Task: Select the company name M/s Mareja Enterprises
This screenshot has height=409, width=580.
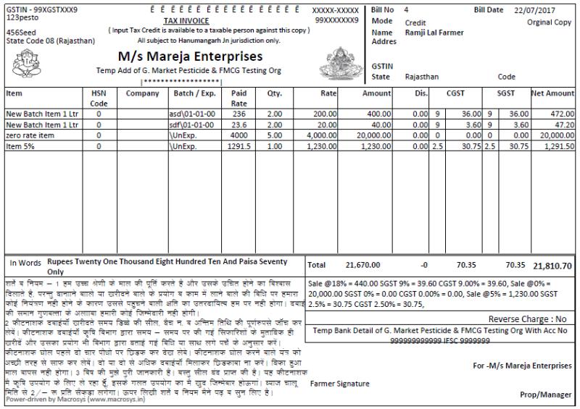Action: (189, 56)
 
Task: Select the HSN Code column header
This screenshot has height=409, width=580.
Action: (99, 98)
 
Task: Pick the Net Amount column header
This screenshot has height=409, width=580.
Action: (552, 93)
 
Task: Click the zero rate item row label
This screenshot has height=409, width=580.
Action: (30, 135)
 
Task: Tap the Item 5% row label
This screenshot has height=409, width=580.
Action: (21, 146)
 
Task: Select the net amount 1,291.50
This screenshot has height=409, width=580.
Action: (557, 146)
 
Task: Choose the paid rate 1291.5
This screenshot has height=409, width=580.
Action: (239, 146)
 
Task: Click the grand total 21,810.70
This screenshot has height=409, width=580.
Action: (552, 266)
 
